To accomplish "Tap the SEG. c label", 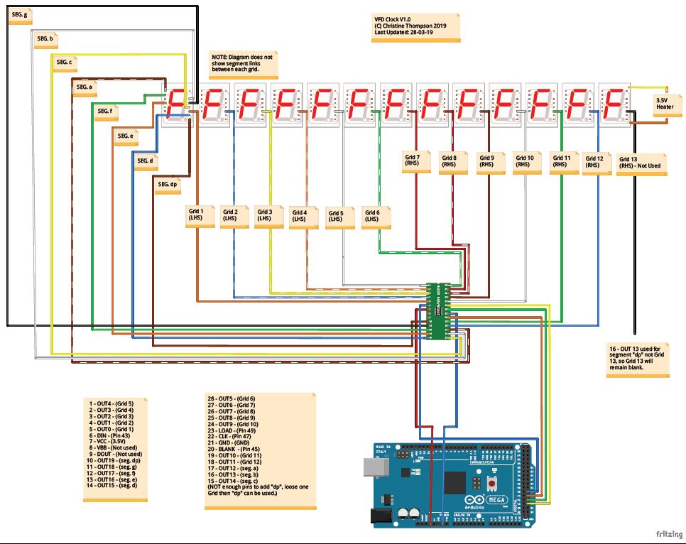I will tap(64, 63).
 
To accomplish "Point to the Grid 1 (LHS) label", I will tap(196, 215).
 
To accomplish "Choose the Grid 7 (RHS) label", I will tap(413, 161).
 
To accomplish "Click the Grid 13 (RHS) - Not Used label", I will tap(640, 163).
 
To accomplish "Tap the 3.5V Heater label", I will tap(665, 104).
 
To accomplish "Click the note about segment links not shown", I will tap(241, 65).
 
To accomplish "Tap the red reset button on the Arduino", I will tap(491, 483).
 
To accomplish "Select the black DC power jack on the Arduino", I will tap(384, 516).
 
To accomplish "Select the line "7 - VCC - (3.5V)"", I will tap(114, 440).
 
